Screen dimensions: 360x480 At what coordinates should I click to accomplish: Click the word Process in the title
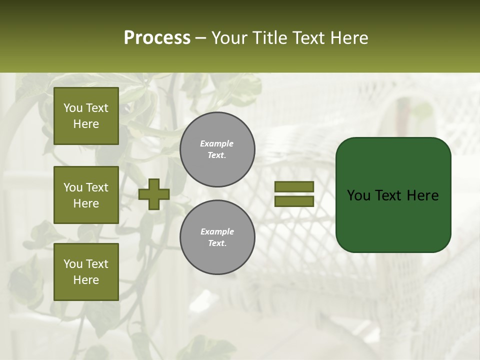coord(157,38)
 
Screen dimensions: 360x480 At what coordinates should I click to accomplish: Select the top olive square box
coord(86,116)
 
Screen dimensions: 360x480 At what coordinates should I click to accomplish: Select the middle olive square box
coord(86,195)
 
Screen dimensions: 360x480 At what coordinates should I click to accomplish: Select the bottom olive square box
coord(86,272)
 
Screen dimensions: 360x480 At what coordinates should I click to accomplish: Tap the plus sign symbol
coord(154,194)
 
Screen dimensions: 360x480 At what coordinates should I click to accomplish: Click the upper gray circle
coord(217,149)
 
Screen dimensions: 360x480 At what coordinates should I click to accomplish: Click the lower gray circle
coord(217,237)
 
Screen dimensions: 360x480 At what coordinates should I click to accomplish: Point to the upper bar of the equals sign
coord(294,186)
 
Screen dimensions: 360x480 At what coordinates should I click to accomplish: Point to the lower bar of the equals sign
coord(294,201)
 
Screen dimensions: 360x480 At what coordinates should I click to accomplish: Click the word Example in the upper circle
coord(217,143)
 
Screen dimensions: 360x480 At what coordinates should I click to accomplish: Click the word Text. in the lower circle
coord(217,243)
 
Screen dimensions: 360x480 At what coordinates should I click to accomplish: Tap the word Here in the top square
coord(86,124)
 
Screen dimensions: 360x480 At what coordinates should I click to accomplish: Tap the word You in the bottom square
coord(72,263)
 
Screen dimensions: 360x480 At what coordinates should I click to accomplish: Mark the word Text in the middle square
coord(96,187)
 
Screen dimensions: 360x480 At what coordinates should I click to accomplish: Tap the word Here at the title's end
coord(349,38)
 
